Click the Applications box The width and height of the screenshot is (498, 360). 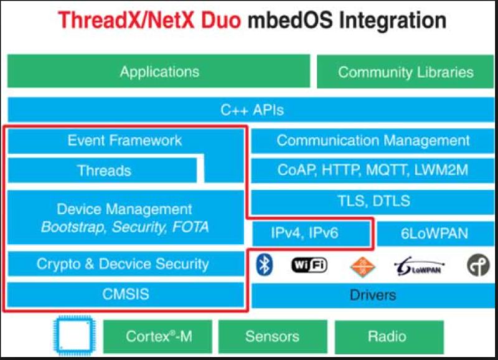click(159, 71)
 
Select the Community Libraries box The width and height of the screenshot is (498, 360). click(405, 72)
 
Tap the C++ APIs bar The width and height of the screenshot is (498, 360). click(251, 110)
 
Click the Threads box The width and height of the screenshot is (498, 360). click(102, 171)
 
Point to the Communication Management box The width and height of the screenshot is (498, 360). click(372, 141)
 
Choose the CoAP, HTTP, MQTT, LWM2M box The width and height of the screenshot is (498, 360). click(372, 171)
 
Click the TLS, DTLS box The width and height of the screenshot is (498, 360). click(372, 201)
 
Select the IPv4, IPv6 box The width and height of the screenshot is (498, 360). click(311, 234)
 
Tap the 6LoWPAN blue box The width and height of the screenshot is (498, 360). click(435, 234)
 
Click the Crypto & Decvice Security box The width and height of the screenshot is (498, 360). click(126, 263)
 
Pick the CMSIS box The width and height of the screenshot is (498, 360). click(126, 294)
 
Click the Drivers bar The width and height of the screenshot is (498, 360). click(372, 295)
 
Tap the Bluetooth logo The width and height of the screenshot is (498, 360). click(264, 265)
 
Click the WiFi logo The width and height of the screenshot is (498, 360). click(309, 265)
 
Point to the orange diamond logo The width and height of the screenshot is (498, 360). click(362, 267)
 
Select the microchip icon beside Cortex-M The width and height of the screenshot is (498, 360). click(75, 336)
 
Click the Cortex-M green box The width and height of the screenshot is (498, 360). click(158, 337)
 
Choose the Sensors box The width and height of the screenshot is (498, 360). click(273, 337)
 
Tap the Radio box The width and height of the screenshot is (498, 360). click(389, 337)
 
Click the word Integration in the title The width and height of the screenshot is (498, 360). click(393, 21)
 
